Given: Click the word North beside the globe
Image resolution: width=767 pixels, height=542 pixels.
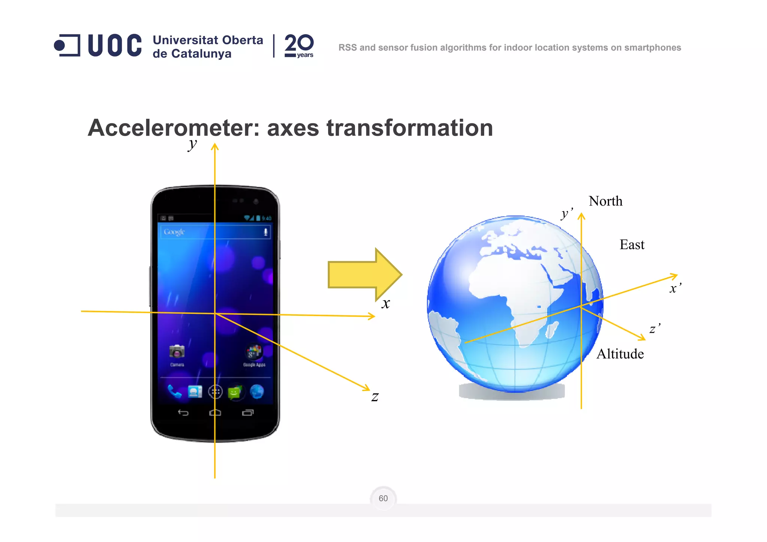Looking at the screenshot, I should [605, 202].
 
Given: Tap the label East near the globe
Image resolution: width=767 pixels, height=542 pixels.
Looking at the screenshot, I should [632, 245].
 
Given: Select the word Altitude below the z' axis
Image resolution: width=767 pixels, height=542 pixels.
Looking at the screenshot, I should [620, 354].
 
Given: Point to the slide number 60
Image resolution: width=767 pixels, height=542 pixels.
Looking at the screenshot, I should [383, 499].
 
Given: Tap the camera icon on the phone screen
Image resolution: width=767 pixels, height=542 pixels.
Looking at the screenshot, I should [177, 351].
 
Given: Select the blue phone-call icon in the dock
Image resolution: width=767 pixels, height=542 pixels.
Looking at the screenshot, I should [175, 391].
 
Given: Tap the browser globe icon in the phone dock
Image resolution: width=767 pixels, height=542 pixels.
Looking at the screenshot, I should [257, 392].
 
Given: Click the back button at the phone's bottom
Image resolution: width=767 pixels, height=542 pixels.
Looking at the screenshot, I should [183, 413].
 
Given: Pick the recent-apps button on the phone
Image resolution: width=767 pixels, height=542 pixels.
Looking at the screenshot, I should [248, 413].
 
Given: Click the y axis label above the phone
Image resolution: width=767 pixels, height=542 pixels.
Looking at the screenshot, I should [192, 144].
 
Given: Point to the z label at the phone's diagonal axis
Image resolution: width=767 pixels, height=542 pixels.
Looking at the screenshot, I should [375, 397].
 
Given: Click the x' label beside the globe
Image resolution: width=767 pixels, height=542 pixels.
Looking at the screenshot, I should [675, 288].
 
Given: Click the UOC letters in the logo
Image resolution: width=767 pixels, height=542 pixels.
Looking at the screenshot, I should [115, 46].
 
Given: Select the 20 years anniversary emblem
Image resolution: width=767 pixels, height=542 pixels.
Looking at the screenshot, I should [299, 46].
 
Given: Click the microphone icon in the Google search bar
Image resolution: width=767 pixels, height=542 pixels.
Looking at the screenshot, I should [266, 232].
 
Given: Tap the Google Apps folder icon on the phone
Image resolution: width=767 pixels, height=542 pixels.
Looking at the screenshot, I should [254, 352].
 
